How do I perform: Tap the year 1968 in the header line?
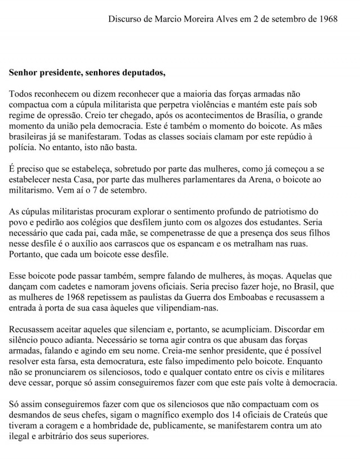click(x=327, y=18)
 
